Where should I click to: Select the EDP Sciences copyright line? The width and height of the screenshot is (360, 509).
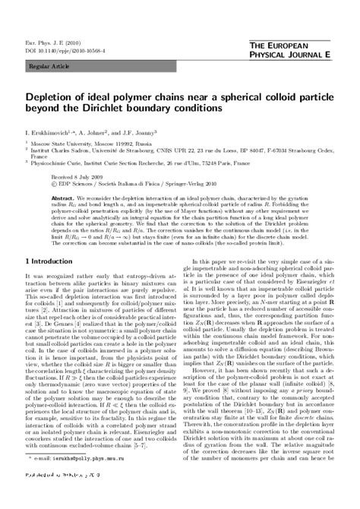(x=114, y=182)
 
